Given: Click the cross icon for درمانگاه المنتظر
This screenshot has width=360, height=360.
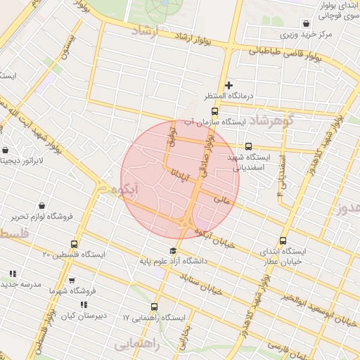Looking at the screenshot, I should (x=229, y=86).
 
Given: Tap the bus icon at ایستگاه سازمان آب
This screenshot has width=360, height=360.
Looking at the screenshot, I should (x=214, y=110).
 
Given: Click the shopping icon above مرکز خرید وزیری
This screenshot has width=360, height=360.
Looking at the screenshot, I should (x=304, y=22).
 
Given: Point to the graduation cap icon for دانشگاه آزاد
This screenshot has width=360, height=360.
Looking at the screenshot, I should (x=172, y=251).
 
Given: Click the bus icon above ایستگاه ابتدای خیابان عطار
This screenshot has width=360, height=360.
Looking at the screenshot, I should (x=283, y=240).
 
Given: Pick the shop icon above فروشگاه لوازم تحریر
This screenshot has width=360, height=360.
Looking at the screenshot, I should (x=43, y=206).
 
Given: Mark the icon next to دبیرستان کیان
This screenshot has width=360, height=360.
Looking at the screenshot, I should (x=84, y=304).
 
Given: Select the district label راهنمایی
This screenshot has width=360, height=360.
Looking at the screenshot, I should (x=138, y=345).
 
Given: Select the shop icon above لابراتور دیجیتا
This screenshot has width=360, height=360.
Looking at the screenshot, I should (x=6, y=150).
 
